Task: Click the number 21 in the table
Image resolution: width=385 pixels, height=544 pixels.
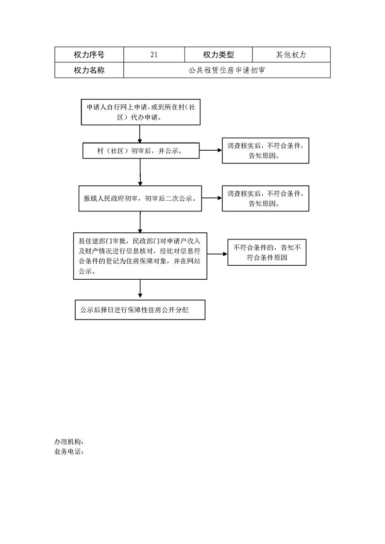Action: click(154, 55)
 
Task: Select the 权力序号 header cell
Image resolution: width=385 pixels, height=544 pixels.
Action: click(89, 55)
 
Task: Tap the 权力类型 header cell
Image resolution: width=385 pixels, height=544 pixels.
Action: click(218, 55)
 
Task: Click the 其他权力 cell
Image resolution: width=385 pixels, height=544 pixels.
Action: click(291, 55)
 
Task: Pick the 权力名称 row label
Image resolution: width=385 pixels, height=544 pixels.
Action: click(89, 70)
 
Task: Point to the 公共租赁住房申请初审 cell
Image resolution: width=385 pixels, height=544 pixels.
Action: click(227, 70)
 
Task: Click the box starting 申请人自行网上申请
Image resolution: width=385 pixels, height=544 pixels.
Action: click(141, 112)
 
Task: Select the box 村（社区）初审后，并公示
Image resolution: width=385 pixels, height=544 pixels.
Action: click(141, 151)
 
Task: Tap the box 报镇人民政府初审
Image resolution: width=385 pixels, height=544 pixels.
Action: click(140, 198)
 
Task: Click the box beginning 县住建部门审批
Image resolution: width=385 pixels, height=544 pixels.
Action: click(140, 256)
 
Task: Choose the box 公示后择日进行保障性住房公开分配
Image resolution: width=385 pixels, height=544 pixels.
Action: click(140, 310)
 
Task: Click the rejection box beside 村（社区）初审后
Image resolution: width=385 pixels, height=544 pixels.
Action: click(266, 151)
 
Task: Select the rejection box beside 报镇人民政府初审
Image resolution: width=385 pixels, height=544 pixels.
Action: click(266, 198)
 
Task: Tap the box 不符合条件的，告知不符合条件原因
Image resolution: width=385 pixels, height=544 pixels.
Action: click(267, 253)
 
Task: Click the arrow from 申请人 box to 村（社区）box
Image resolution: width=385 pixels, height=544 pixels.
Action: click(140, 134)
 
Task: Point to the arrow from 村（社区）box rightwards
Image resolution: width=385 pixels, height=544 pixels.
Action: click(211, 150)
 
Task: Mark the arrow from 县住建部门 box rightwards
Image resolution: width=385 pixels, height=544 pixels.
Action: click(218, 254)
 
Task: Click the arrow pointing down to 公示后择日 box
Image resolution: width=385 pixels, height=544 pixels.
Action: click(140, 288)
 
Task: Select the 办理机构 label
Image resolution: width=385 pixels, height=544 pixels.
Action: click(69, 442)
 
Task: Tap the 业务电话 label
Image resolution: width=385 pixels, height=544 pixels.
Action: click(69, 452)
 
